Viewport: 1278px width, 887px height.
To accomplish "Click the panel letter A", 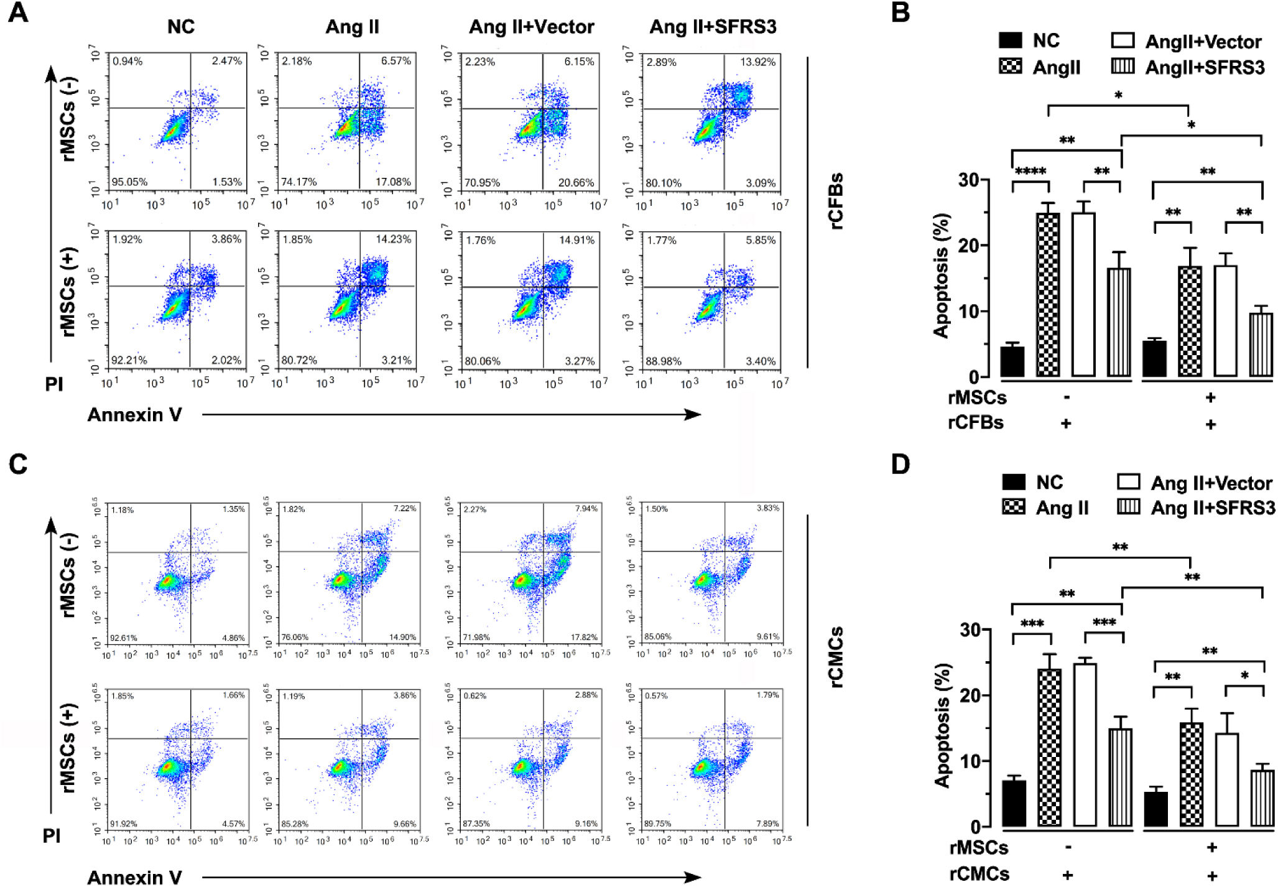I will click(x=18, y=12).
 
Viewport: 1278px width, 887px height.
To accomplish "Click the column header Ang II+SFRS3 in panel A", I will click(x=713, y=27).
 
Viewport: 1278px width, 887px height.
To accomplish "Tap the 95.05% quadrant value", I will click(x=129, y=182).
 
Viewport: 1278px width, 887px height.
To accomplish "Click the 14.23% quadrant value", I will click(x=393, y=239).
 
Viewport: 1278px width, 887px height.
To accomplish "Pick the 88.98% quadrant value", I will click(x=664, y=361).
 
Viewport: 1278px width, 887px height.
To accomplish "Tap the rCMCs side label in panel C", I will click(x=836, y=657).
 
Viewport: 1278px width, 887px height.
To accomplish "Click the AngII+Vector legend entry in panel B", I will click(x=1203, y=42).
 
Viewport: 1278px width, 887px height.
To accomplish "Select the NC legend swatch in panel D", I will click(x=1014, y=482).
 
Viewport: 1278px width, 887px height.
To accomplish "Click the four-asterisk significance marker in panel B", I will click(x=1030, y=172).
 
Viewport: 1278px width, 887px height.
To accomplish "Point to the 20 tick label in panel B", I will click(x=970, y=246).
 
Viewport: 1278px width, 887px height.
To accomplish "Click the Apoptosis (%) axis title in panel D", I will click(x=943, y=725).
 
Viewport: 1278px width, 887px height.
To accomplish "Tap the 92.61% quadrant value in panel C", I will click(x=123, y=638).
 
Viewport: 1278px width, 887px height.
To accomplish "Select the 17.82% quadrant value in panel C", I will click(x=584, y=638).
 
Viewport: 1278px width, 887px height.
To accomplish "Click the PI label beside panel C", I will click(x=52, y=836).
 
